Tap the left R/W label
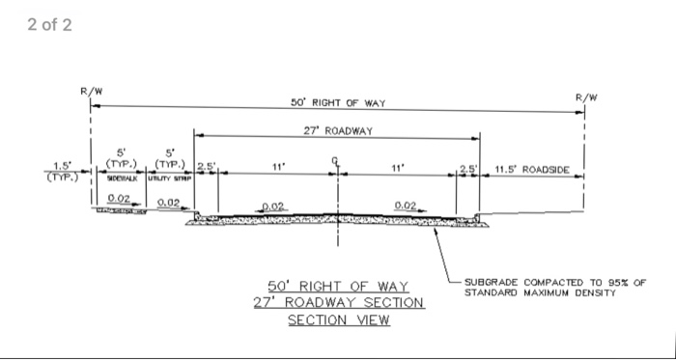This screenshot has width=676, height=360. point(91,92)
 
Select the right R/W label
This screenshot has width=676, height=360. point(585,97)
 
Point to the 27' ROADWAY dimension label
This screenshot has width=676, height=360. point(337,128)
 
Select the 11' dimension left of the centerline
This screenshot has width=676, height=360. point(278,166)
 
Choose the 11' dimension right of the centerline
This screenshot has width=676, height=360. point(397,166)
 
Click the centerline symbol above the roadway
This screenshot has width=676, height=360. point(337,162)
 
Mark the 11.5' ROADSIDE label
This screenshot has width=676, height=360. point(531,169)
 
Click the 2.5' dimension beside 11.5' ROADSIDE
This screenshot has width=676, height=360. point(467,169)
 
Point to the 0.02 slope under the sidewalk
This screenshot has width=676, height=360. point(120,198)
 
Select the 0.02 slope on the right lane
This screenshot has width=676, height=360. point(407,205)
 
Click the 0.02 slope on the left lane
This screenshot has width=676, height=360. point(273,206)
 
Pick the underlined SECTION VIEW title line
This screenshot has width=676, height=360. point(338,320)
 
